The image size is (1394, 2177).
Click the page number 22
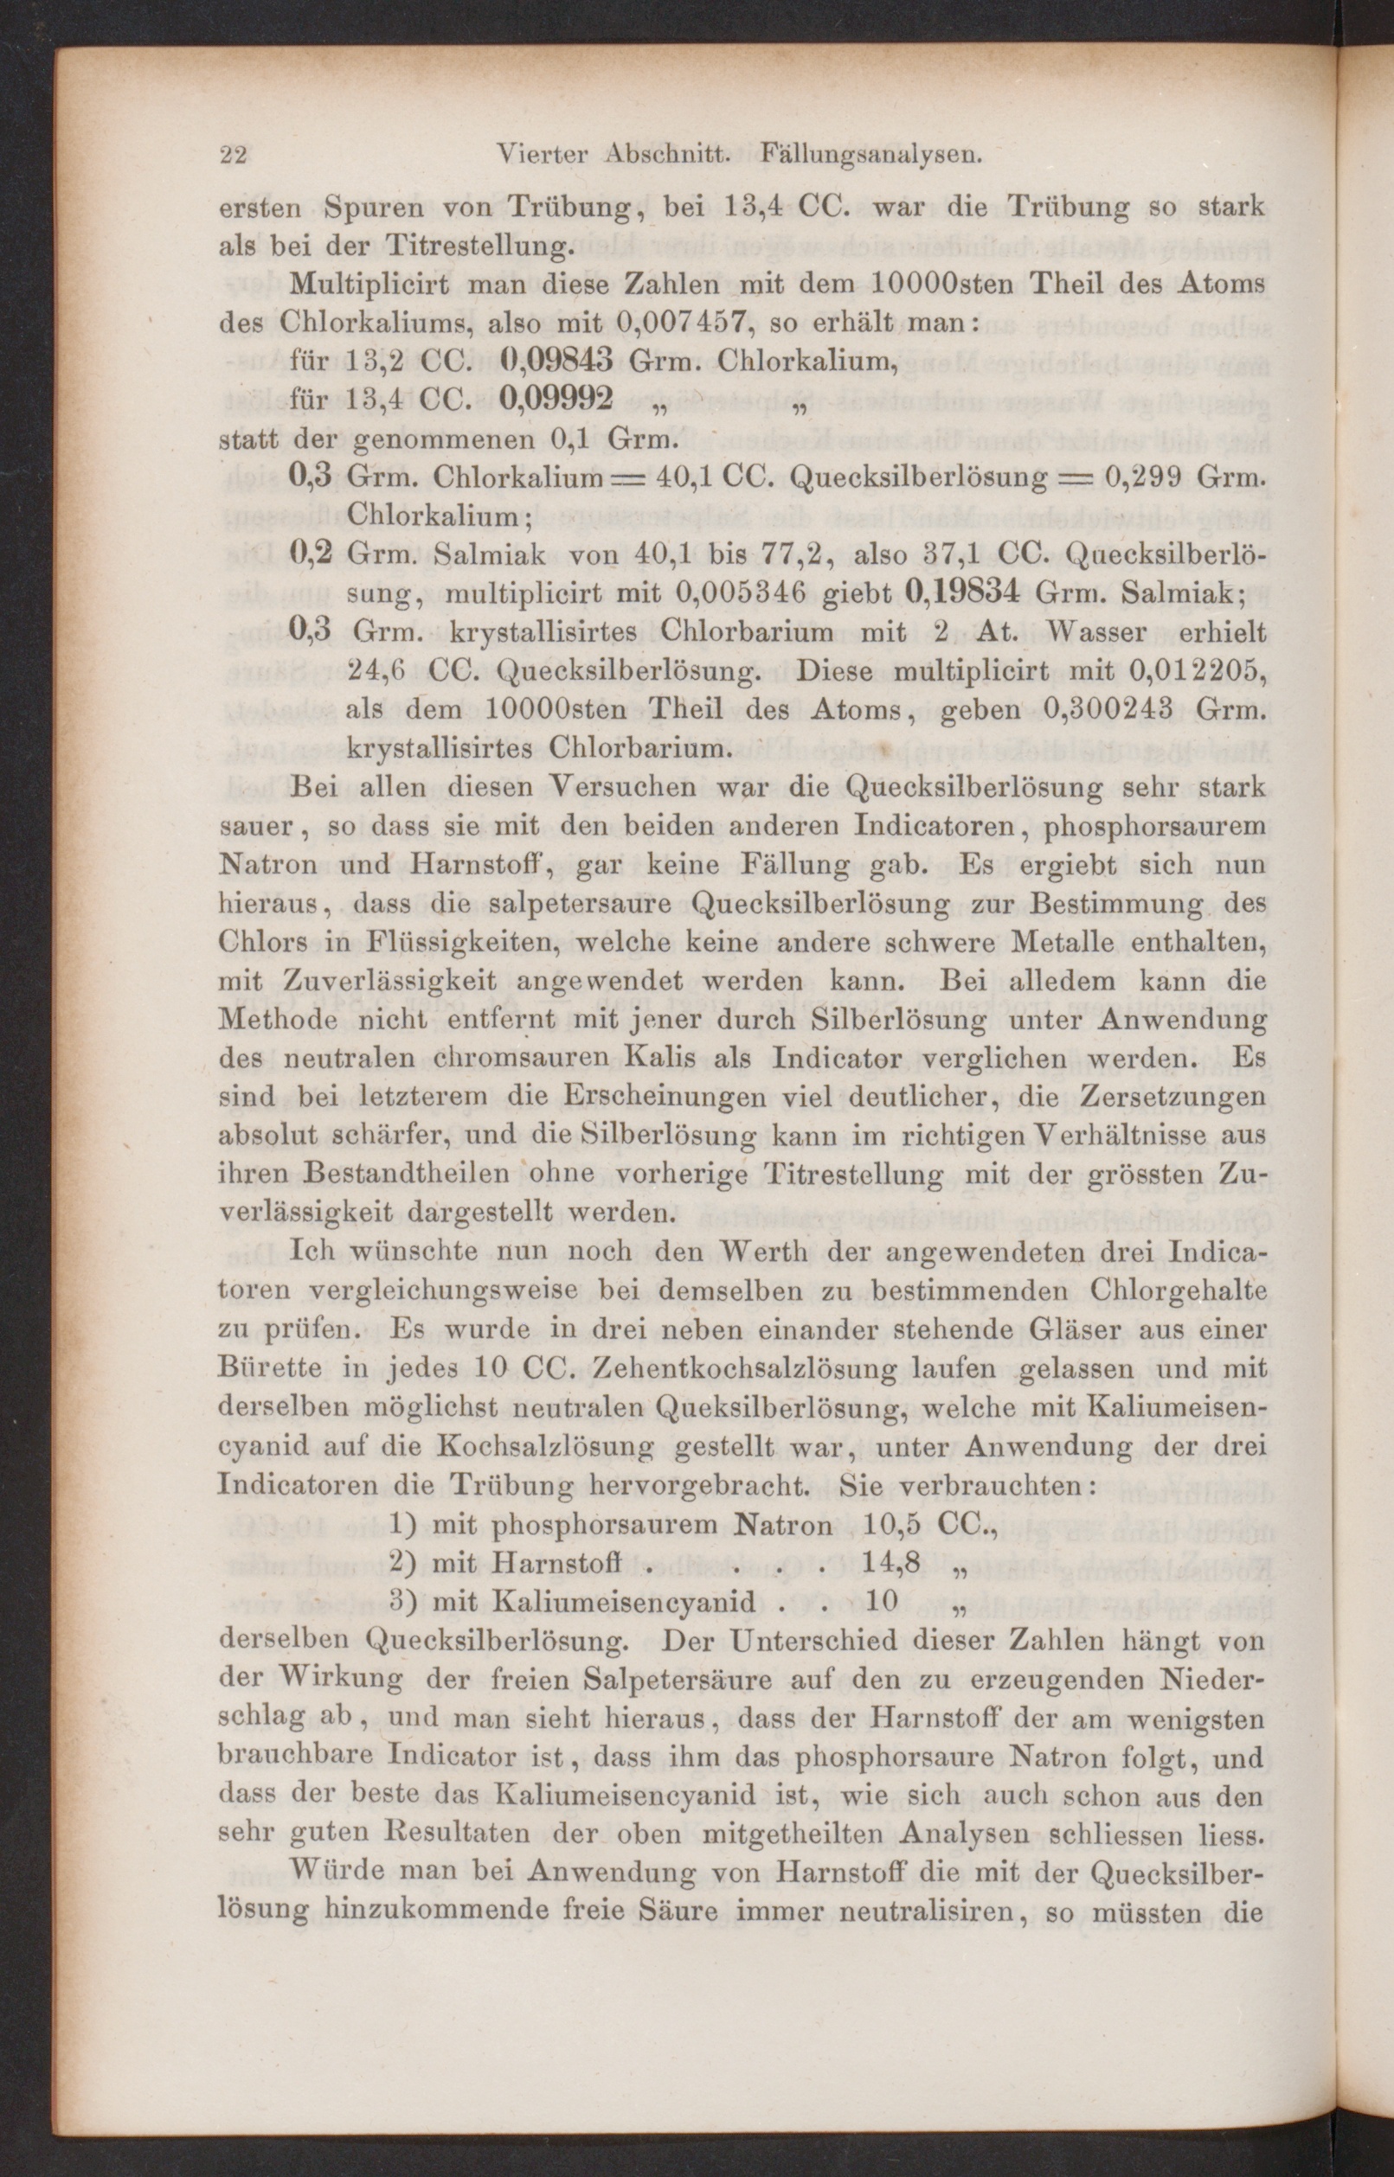(x=234, y=155)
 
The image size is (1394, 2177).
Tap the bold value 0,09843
(x=557, y=360)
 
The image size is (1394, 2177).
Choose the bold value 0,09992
(x=557, y=398)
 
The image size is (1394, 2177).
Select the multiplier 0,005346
(x=743, y=592)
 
